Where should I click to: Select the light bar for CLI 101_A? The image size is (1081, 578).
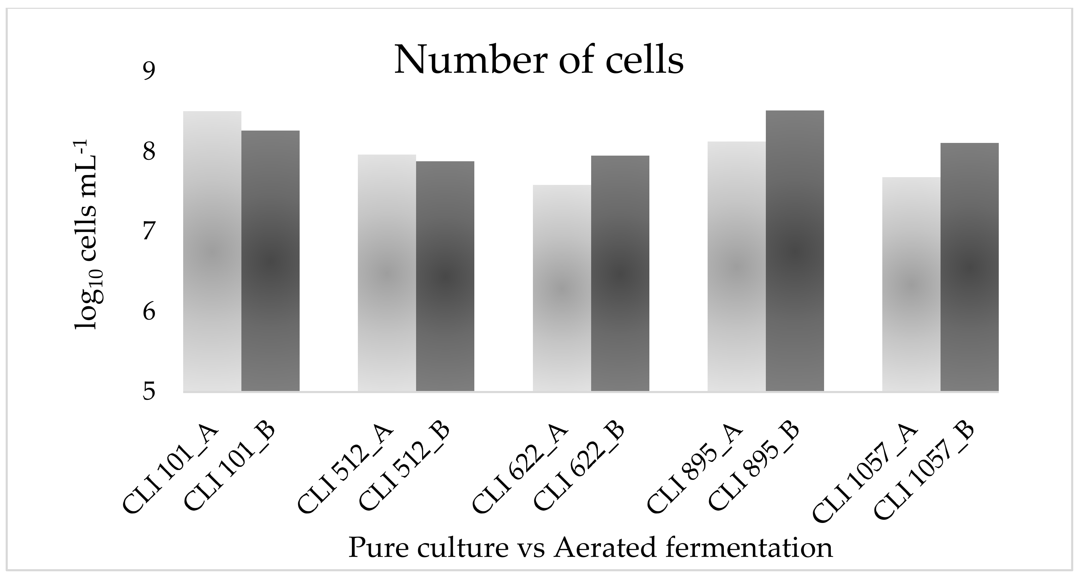[212, 252]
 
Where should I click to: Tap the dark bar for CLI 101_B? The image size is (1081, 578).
[271, 260]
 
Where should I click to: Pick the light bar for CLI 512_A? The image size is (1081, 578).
[387, 273]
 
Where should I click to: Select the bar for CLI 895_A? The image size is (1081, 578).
[737, 266]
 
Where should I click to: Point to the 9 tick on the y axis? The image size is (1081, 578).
[149, 71]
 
